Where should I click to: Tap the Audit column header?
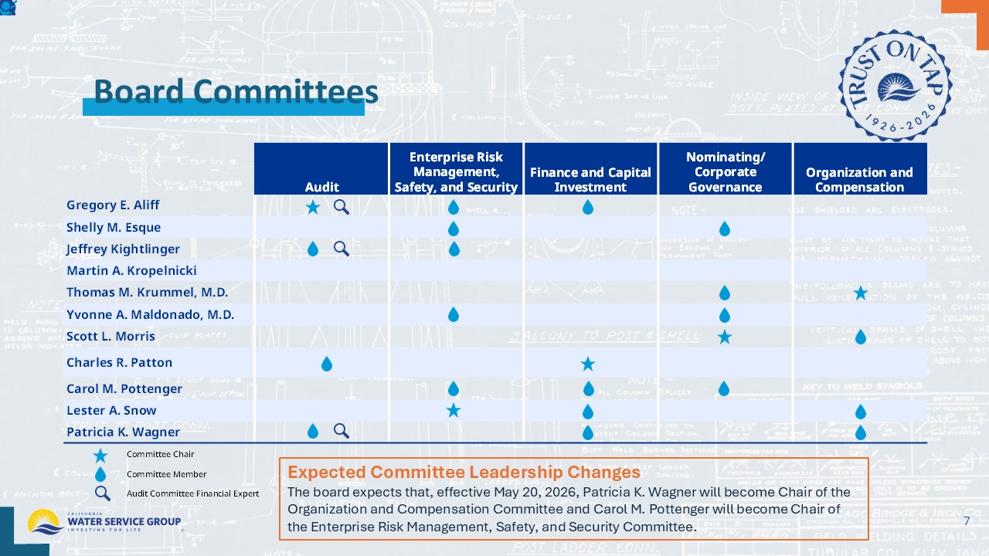point(321,187)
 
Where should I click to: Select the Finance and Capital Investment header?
point(590,179)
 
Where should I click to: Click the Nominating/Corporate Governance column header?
point(725,171)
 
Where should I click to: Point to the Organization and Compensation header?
point(859,179)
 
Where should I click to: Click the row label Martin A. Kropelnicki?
point(131,270)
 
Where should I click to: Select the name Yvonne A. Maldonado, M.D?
point(150,314)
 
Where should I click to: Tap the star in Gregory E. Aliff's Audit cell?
point(312,206)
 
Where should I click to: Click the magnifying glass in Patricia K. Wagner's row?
point(341,431)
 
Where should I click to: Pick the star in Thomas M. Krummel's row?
point(860,292)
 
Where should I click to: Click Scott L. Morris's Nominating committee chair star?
point(724,337)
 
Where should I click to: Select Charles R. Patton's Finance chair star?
point(587,363)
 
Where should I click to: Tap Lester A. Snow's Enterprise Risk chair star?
point(454,410)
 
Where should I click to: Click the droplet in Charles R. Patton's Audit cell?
point(326,363)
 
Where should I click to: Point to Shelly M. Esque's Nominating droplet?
point(724,228)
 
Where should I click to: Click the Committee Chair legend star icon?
point(100,455)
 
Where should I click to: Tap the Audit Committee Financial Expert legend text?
point(192,493)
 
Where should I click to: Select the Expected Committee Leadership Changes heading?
point(464,472)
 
